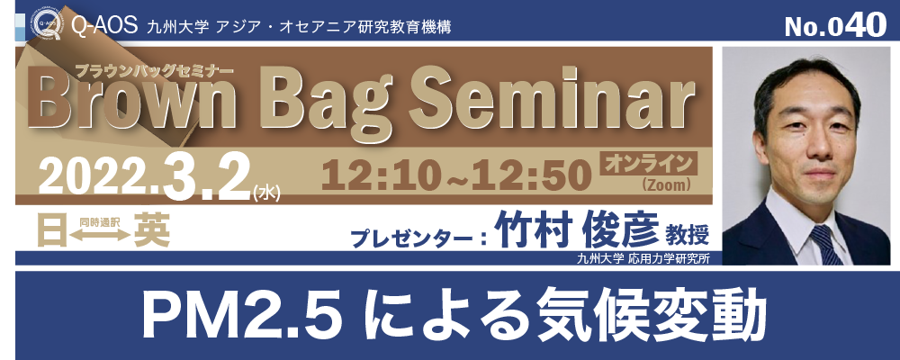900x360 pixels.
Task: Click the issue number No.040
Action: (x=834, y=25)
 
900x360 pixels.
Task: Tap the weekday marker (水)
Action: (x=266, y=191)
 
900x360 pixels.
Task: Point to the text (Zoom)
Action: (x=649, y=185)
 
